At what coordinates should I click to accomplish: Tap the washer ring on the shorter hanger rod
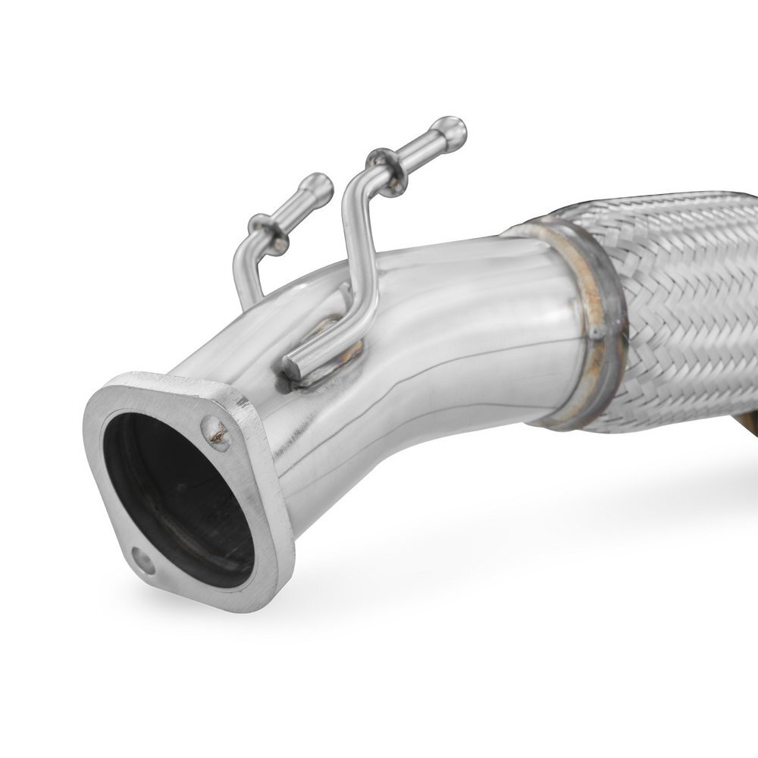pos(268,231)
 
